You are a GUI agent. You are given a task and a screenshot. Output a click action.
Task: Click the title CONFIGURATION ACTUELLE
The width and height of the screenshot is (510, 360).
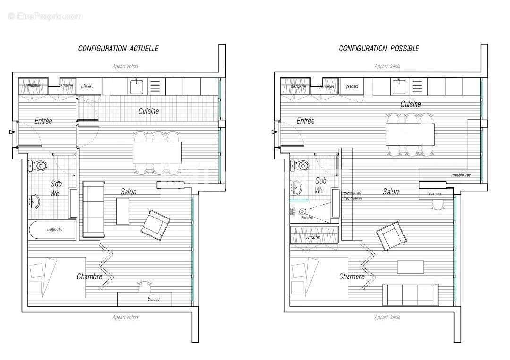[x=118, y=48]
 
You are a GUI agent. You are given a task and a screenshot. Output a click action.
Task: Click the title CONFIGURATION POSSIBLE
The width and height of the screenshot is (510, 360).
[x=379, y=48]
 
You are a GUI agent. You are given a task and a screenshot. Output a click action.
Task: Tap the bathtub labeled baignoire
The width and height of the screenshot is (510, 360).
[x=52, y=229]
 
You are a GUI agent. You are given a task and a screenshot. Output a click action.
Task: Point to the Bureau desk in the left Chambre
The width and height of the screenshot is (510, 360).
[x=144, y=299]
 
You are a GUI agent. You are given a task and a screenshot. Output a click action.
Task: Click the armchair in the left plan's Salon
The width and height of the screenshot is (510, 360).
[x=155, y=222]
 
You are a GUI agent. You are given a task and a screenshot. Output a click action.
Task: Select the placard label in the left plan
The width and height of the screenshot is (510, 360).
[x=87, y=86]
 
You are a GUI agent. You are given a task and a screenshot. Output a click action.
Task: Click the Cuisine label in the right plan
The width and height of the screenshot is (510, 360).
[x=410, y=104]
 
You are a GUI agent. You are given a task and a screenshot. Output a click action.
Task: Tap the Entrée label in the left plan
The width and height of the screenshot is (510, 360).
[x=43, y=121]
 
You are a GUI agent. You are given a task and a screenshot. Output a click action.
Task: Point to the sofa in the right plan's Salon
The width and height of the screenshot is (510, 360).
[x=410, y=294]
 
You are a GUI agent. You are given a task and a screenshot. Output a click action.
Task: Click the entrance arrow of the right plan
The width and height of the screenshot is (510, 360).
[x=273, y=133]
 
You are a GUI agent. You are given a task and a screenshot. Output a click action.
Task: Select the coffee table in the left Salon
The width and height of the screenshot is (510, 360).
[x=122, y=211]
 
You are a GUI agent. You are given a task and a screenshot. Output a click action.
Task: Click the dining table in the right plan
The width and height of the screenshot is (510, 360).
[x=410, y=134]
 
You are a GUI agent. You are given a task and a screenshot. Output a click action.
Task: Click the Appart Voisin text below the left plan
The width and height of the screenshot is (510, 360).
[x=125, y=317]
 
